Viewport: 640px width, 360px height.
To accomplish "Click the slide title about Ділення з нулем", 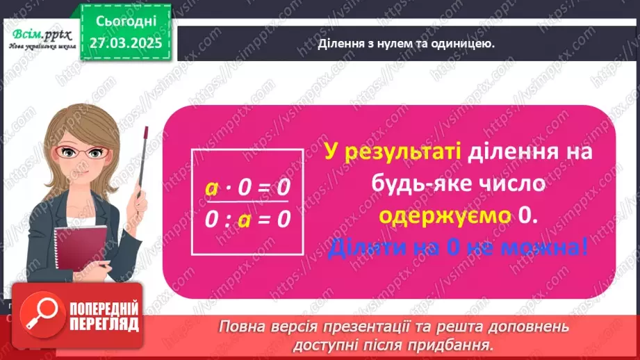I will click(406, 44).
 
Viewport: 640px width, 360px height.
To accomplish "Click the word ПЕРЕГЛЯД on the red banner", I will click(104, 324).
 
